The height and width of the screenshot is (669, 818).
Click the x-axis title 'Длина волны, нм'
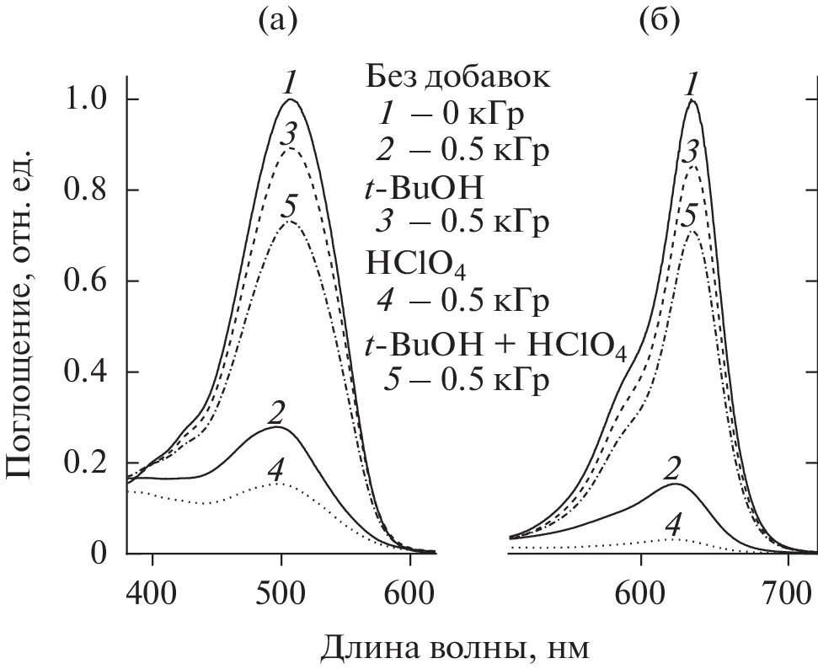[455, 647]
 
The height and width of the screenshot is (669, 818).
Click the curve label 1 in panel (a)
[290, 83]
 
